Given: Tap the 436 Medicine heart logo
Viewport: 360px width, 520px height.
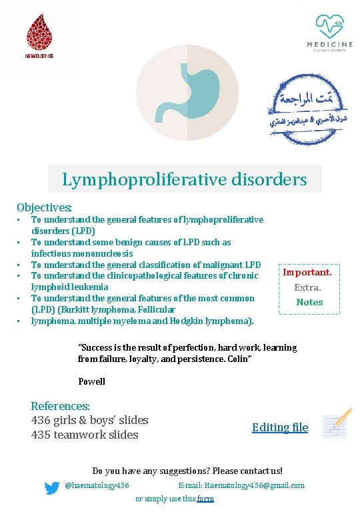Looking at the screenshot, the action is [330, 30].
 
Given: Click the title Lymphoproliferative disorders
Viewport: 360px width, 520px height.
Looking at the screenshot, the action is [185, 179].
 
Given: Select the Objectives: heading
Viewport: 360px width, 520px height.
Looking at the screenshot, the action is [44, 208].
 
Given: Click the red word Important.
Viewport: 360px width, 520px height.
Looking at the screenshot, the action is [307, 272].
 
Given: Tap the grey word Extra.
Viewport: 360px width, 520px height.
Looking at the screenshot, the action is [308, 287].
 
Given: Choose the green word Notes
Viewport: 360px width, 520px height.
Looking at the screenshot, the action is [309, 302].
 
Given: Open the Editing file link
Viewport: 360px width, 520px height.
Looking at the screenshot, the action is [280, 427].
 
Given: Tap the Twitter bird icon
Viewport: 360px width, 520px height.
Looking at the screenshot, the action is [52, 487].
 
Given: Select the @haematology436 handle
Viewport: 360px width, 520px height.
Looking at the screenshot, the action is [97, 485].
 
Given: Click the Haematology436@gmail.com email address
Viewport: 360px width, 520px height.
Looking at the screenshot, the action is [254, 485].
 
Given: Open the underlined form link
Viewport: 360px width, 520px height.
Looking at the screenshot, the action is [205, 499].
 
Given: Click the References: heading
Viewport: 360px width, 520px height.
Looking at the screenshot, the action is [60, 406].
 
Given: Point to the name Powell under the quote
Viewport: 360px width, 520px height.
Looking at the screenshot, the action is [91, 382].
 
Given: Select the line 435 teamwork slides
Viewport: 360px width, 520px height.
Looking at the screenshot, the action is [85, 435].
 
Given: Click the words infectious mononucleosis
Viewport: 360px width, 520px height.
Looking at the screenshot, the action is [82, 253].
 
